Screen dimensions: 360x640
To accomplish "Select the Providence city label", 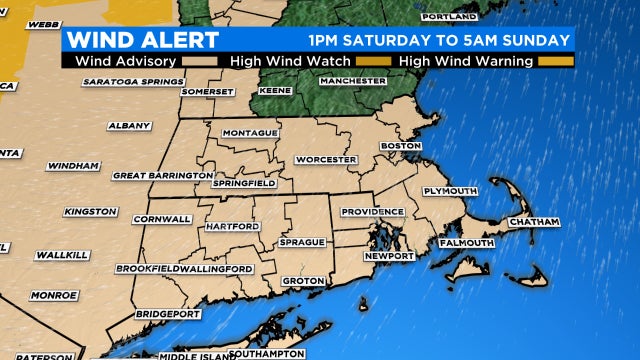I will pyautogui.click(x=372, y=212).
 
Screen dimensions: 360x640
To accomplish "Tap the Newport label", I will pyautogui.click(x=388, y=256).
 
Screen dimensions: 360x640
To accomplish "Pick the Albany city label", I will pyautogui.click(x=131, y=126).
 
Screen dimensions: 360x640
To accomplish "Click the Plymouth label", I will pyautogui.click(x=450, y=191).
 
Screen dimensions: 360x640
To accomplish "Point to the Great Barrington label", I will pyautogui.click(x=163, y=175).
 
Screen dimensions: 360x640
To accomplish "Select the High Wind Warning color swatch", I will pyautogui.click(x=558, y=61).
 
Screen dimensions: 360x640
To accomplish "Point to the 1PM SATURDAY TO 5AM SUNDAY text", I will pyautogui.click(x=440, y=41).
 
